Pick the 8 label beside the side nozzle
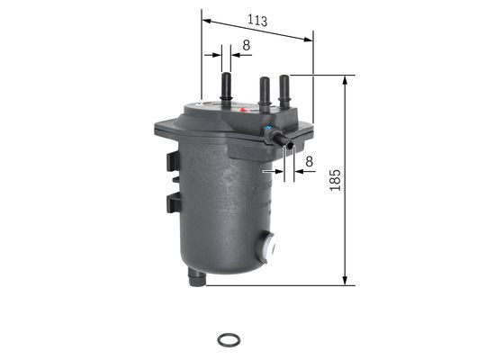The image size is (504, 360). coord(309,161)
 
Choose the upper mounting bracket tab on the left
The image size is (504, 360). coord(172,162)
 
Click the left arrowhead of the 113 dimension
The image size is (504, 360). coord(206,17)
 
